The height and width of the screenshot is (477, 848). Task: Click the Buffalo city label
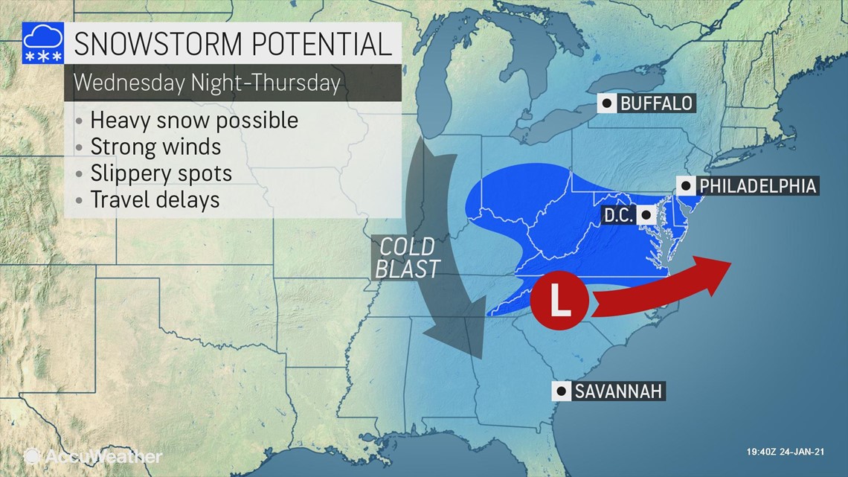pos(655,103)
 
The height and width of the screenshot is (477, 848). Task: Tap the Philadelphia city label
pos(757,185)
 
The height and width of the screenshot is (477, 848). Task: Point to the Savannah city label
pos(617,391)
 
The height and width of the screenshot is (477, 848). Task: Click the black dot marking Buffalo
pos(608,103)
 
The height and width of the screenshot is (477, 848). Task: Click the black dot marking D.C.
pos(646,216)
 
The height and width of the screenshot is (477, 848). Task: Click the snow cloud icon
pos(42,44)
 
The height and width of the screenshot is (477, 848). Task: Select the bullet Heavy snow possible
pos(193,120)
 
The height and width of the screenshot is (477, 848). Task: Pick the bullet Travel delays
pos(155,199)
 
